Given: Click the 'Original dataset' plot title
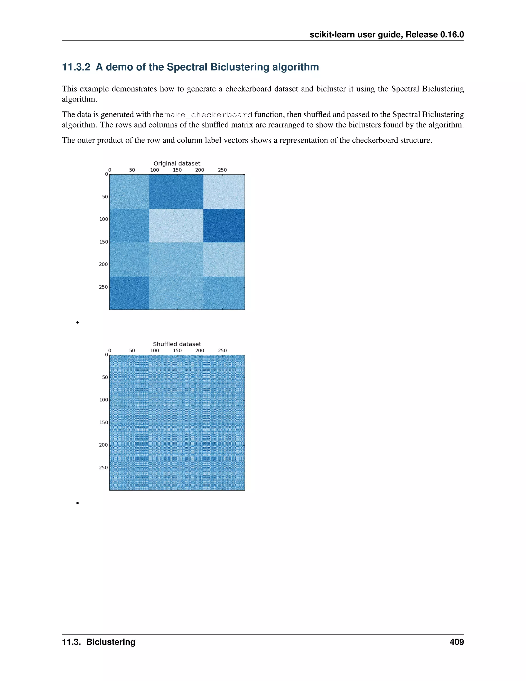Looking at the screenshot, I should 177,163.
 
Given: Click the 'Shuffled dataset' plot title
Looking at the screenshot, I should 177,344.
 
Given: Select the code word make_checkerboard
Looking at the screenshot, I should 209,115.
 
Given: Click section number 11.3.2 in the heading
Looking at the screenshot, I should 76,67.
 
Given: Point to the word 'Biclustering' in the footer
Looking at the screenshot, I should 111,642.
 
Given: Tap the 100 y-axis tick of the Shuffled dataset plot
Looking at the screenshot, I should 104,400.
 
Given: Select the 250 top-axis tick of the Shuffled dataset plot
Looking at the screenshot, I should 222,351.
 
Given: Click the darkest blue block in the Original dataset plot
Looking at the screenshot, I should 224,225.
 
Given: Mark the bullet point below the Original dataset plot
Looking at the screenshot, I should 77,323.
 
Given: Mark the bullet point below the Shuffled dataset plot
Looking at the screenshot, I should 77,503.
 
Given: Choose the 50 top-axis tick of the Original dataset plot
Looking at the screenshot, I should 132,170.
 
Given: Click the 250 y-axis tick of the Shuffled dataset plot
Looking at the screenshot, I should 104,467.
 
